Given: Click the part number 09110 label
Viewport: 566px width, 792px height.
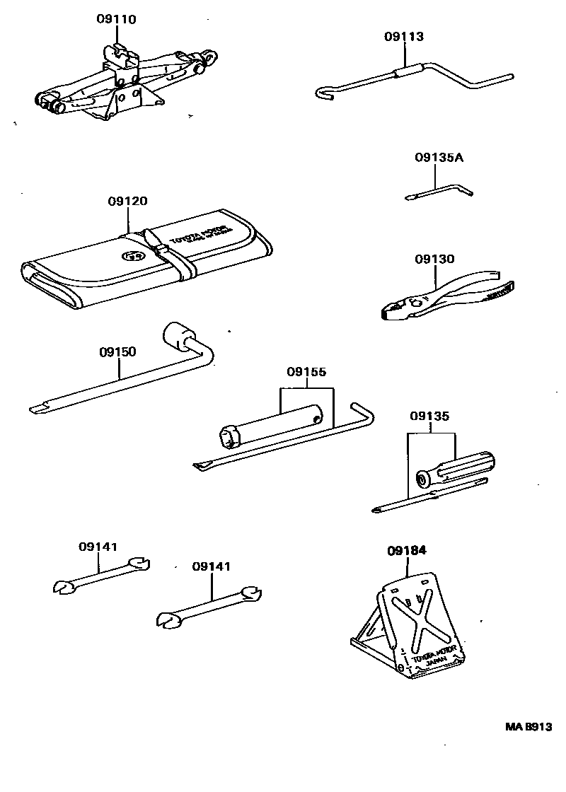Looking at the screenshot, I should tap(116, 19).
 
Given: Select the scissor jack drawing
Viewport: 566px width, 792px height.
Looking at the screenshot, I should tap(120, 81).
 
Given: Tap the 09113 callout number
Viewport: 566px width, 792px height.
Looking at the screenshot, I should tap(405, 37).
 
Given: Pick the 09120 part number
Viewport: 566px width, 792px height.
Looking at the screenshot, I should tap(127, 202).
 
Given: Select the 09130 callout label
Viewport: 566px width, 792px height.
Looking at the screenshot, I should tap(434, 260).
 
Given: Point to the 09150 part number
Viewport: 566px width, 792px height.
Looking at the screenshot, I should tap(117, 351).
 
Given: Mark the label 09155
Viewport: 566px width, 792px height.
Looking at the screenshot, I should tap(306, 372).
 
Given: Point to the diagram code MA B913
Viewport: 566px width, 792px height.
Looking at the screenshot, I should tap(528, 727).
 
